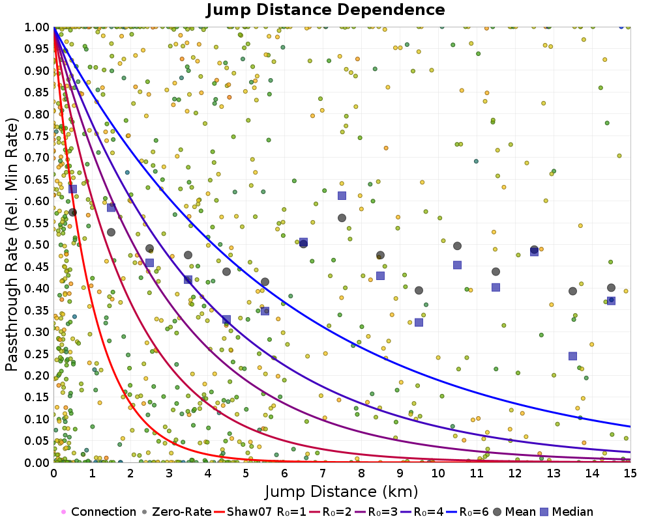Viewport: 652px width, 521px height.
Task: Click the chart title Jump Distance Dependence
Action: [x=325, y=10]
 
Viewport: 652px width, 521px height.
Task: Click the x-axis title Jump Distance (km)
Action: [x=341, y=490]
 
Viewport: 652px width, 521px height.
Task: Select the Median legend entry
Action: [x=567, y=512]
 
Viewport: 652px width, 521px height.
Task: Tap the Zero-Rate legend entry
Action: [x=176, y=512]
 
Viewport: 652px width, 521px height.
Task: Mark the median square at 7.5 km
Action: [x=342, y=196]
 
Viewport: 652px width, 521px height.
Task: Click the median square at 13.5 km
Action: [x=572, y=356]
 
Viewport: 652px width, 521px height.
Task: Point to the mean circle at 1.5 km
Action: [x=111, y=232]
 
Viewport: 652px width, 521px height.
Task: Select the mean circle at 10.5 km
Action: [x=457, y=246]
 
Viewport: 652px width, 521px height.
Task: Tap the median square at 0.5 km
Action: [x=72, y=189]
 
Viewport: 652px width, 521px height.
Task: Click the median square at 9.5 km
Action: [x=419, y=322]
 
